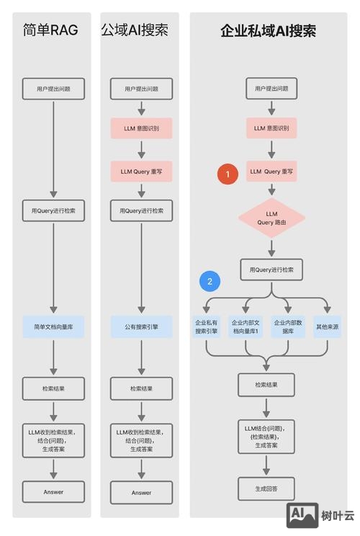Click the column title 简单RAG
(50, 30)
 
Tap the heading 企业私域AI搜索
(268, 30)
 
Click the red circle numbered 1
(228, 174)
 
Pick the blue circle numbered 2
(210, 281)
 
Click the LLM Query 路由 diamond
(271, 218)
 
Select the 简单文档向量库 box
(53, 326)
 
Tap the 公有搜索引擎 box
(141, 326)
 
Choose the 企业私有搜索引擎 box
(207, 326)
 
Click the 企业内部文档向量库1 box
(246, 326)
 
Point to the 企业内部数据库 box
(287, 326)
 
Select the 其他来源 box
(328, 326)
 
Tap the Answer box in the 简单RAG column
(53, 492)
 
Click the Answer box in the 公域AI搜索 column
(141, 493)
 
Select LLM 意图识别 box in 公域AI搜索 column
(141, 129)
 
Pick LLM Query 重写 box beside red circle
(271, 171)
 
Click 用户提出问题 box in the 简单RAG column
(53, 89)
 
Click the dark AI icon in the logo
(303, 514)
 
